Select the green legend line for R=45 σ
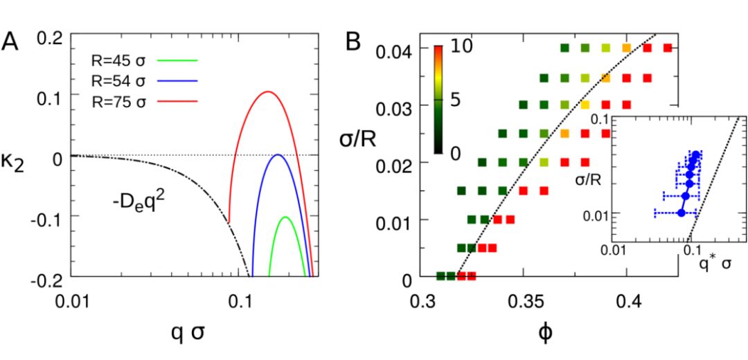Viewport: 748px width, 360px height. (x=178, y=60)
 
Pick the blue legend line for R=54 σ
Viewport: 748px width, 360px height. (x=178, y=81)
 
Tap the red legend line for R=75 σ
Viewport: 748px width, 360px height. (x=178, y=102)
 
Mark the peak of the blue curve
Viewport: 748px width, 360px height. (x=278, y=154)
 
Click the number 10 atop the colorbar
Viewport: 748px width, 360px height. (x=455, y=47)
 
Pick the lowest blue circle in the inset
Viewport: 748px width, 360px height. (x=681, y=213)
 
